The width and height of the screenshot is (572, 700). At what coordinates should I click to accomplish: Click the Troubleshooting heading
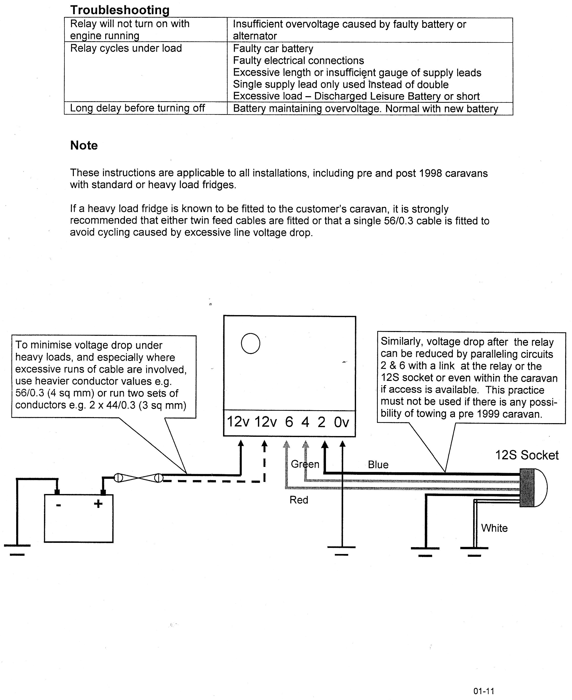coord(120,10)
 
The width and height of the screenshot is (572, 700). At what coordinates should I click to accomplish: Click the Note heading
coord(84,146)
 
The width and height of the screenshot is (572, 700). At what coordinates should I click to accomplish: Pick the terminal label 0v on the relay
coord(341,422)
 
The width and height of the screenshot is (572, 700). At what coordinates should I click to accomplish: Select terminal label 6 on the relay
coord(289,422)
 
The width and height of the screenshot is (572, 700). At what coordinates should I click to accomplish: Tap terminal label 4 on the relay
coord(305,422)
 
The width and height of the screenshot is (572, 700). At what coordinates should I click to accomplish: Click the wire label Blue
coord(378,465)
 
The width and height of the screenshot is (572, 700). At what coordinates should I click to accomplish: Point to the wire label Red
coord(299,500)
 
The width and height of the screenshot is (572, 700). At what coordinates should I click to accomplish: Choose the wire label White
coord(494,528)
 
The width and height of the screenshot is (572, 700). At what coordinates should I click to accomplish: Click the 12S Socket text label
coord(526,455)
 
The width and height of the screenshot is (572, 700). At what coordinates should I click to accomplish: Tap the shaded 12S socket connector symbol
coord(527,488)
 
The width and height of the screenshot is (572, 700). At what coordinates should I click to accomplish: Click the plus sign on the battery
coord(98,504)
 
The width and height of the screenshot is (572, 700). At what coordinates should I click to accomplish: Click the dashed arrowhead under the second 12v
coord(264,445)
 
